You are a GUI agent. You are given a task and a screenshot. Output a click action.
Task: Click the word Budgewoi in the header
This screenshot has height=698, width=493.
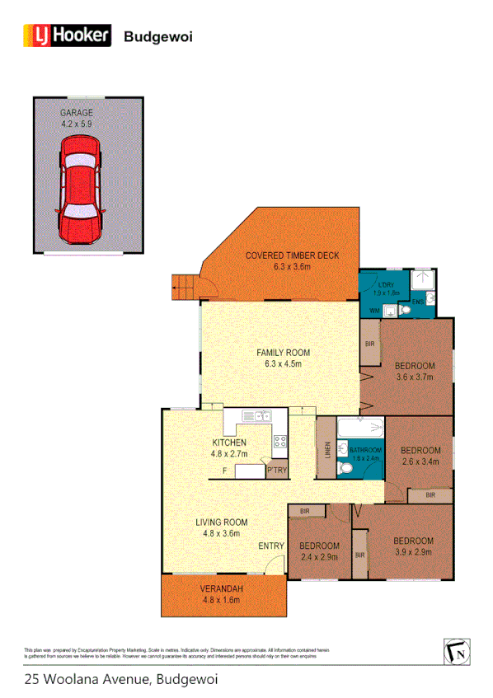point(157,36)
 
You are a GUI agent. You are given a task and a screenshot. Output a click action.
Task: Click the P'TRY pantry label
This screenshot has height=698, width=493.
point(277,471)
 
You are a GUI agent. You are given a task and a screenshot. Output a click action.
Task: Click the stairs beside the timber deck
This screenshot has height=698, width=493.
point(182,288)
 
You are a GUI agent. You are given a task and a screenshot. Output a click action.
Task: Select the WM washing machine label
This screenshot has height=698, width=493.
point(374,311)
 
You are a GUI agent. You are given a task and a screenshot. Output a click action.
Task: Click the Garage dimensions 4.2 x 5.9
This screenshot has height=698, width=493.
point(76,124)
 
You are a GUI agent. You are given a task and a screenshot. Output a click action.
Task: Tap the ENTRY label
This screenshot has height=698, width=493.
point(271,546)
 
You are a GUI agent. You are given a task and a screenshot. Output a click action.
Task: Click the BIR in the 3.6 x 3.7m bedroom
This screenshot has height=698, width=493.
point(370,343)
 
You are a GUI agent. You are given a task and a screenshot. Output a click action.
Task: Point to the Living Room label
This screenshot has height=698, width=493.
point(221,522)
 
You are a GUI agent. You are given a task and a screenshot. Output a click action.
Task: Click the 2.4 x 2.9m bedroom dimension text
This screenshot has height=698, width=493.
point(319,558)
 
